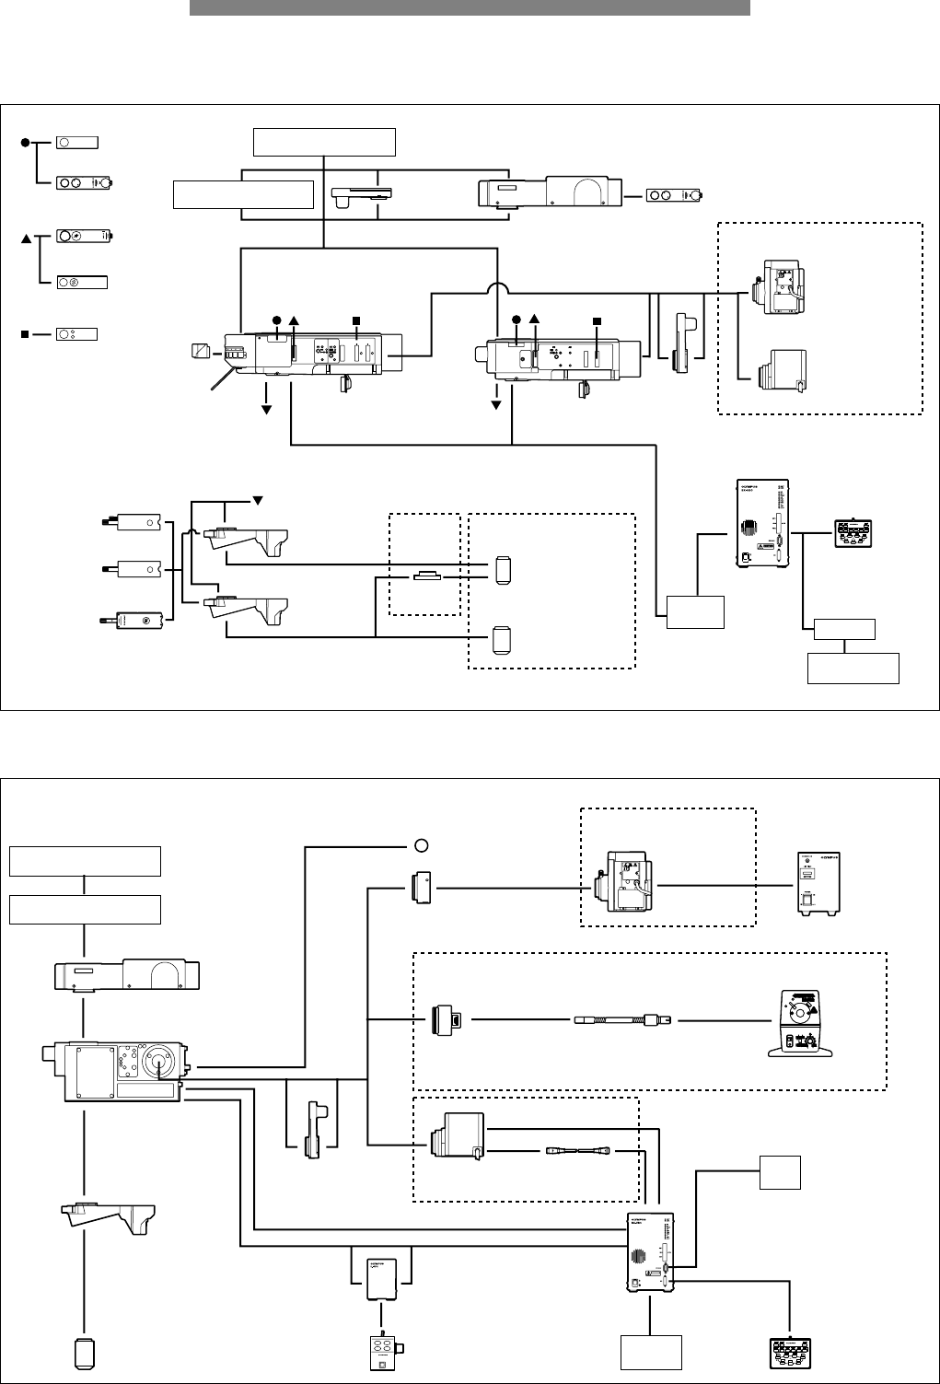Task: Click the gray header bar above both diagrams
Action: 470,7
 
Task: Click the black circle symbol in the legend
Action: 26,142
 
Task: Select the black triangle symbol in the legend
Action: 26,239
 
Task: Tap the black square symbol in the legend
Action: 26,333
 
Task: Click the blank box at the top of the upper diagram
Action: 324,143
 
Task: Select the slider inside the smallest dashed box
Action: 428,576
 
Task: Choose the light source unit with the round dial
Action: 798,1023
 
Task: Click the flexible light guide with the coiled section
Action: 622,1020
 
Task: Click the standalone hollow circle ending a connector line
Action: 420,845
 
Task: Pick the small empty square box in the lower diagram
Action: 779,1171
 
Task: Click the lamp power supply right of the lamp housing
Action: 818,884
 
